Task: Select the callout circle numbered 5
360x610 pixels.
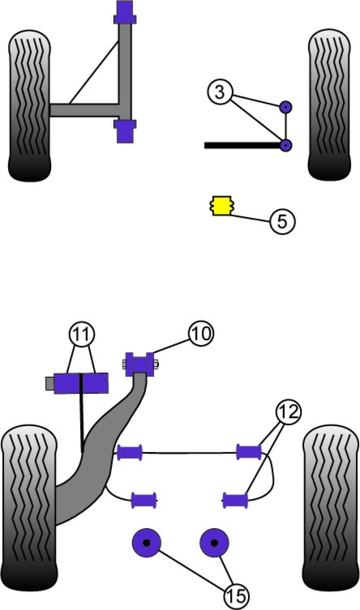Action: tap(282, 221)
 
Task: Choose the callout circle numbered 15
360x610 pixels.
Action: tap(236, 596)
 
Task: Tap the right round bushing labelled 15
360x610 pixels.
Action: tap(214, 543)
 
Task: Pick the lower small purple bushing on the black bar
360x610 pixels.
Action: tap(285, 145)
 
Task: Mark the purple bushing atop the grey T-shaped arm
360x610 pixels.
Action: tap(125, 13)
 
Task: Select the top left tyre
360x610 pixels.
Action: tap(29, 106)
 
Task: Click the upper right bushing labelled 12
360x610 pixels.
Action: tap(248, 452)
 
